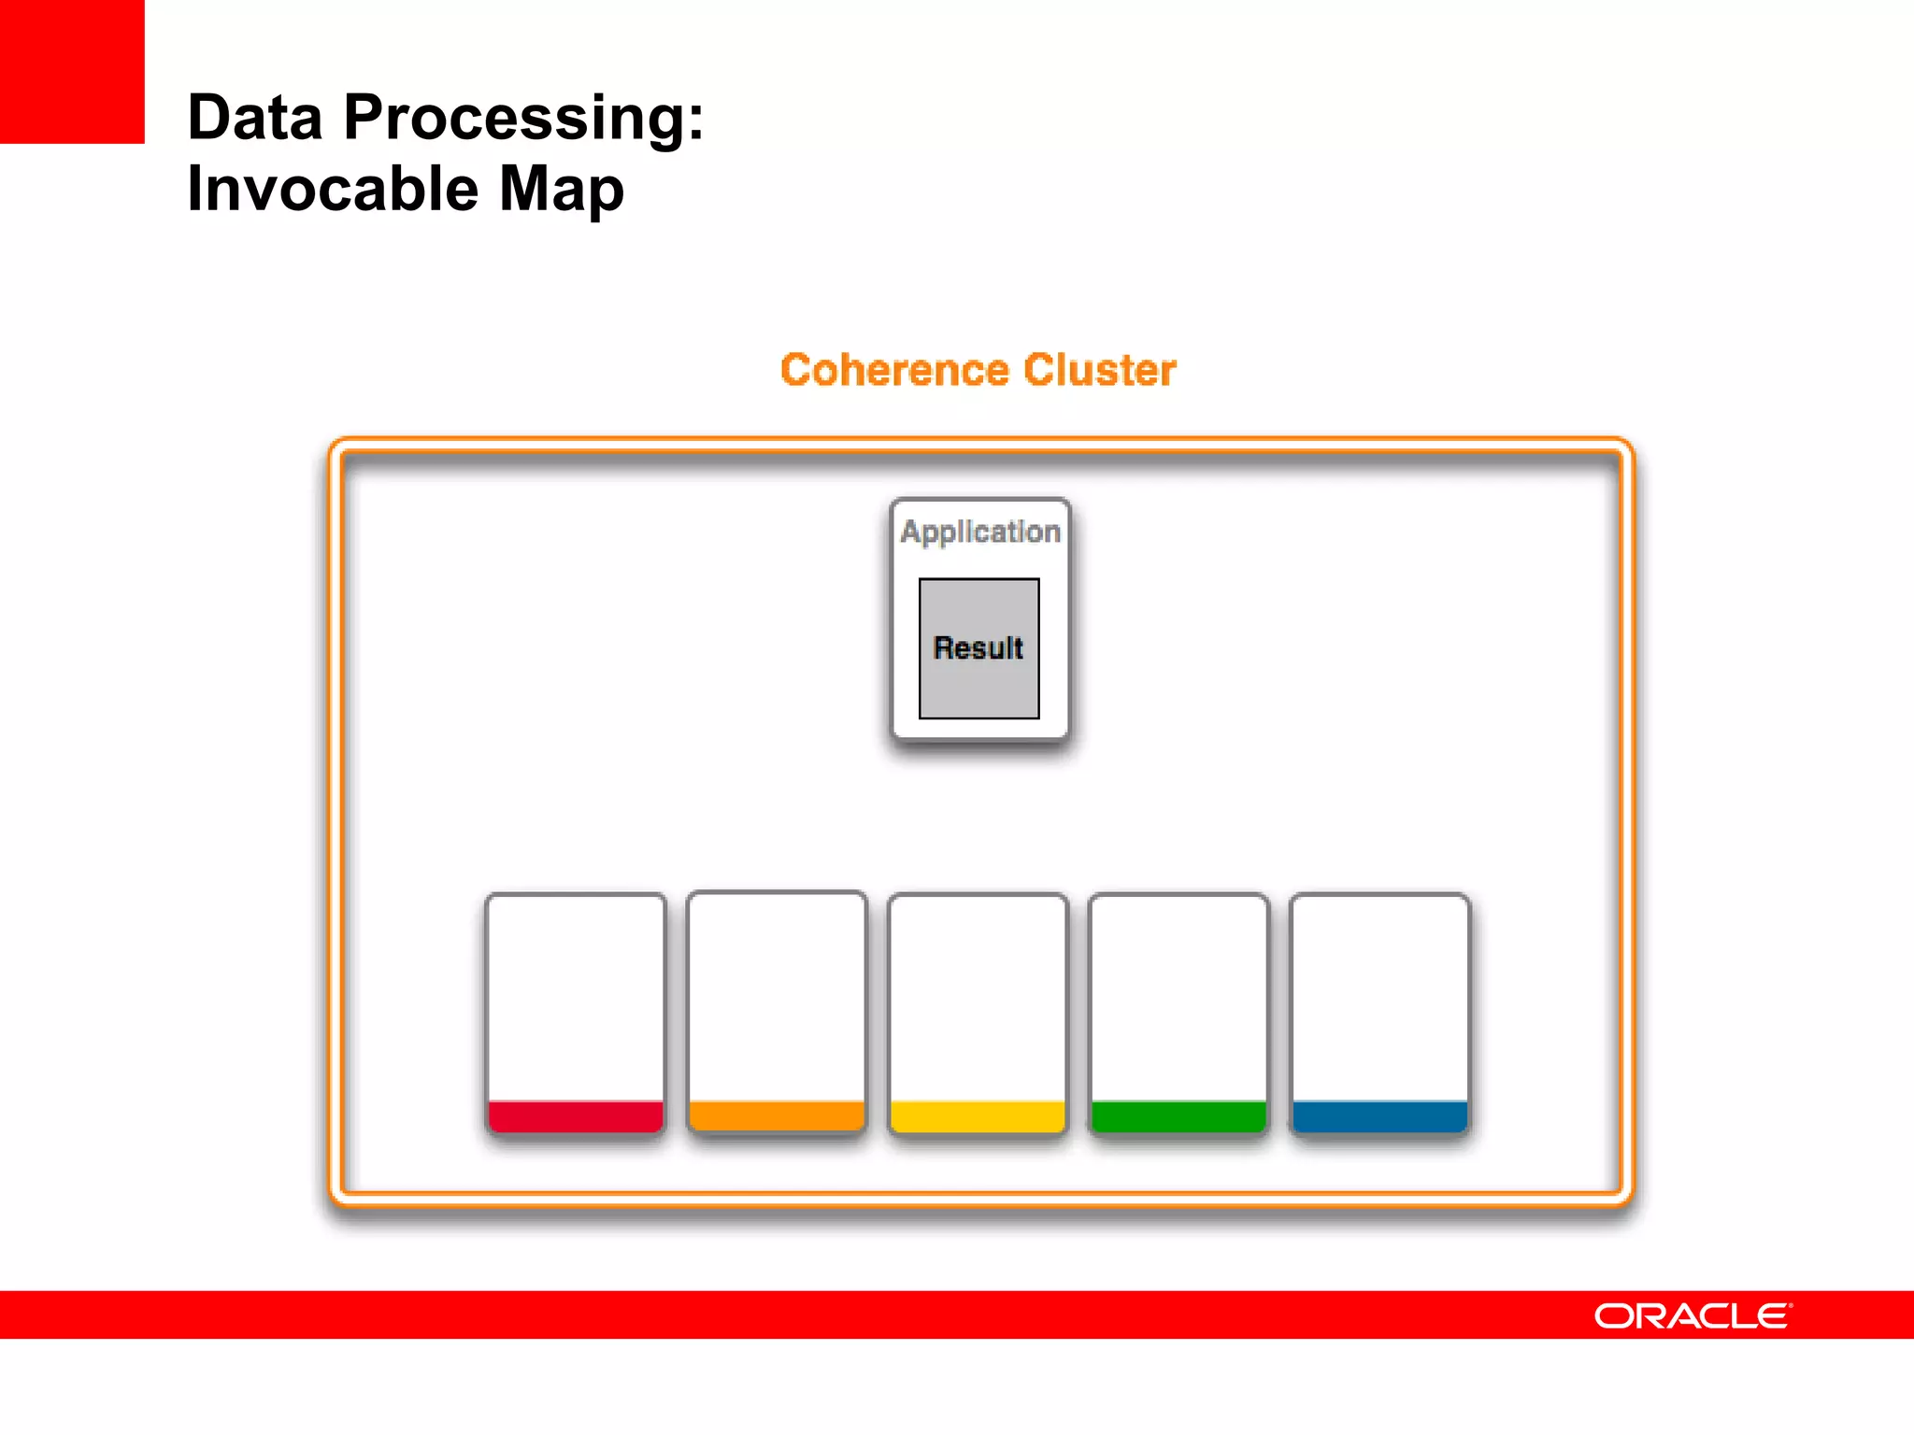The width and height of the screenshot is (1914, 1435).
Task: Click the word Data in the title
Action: click(x=254, y=119)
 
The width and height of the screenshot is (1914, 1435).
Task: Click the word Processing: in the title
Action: click(x=523, y=119)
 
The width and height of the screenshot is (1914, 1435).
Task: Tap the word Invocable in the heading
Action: click(x=333, y=190)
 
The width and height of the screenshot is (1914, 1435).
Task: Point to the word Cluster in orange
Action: click(x=1099, y=370)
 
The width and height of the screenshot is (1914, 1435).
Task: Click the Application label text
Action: click(x=979, y=532)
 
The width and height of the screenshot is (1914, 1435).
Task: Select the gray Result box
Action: click(x=978, y=648)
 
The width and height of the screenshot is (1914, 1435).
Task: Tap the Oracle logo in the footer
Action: click(x=1692, y=1315)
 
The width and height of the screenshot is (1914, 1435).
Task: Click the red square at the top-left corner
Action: click(x=72, y=71)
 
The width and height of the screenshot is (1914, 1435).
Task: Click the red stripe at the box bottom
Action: click(x=576, y=1116)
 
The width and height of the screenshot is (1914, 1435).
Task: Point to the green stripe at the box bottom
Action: click(x=1178, y=1116)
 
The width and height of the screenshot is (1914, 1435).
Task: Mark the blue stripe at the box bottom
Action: click(x=1379, y=1116)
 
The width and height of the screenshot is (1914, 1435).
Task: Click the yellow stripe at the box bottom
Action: click(x=978, y=1116)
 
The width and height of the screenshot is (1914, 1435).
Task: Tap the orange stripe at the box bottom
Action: click(x=777, y=1115)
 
